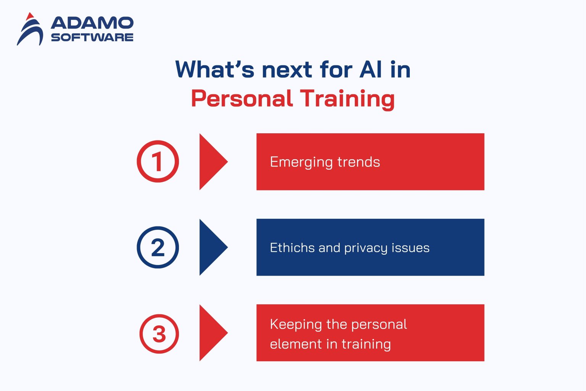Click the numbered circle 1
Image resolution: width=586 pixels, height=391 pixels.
click(158, 162)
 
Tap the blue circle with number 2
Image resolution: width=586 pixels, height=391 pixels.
click(158, 247)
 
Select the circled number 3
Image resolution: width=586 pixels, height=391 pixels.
click(159, 334)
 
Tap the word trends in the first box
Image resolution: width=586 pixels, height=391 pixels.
click(359, 162)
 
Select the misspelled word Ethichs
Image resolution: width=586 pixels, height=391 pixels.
click(292, 248)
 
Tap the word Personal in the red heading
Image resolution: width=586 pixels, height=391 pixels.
click(242, 99)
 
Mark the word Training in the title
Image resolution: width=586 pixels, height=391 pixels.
click(347, 99)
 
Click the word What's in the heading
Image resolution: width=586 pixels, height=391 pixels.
click(215, 69)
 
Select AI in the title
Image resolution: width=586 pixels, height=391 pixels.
click(371, 69)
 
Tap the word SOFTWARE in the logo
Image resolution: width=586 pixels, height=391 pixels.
click(92, 37)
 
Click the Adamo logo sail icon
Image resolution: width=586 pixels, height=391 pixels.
click(30, 30)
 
